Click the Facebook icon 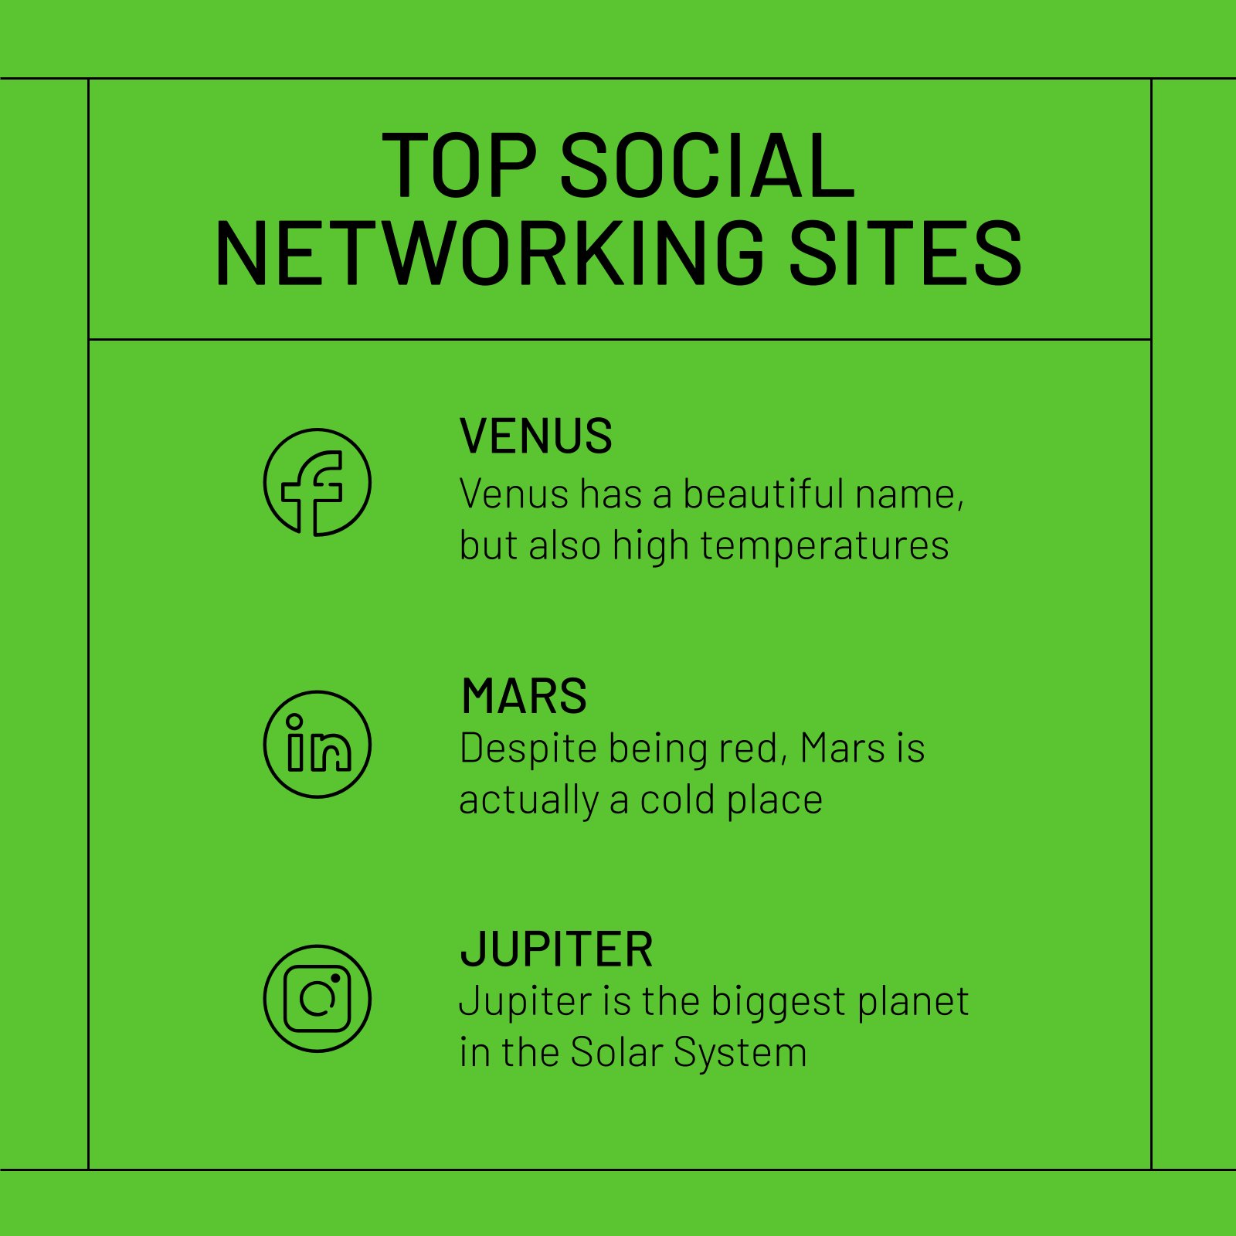coord(317,482)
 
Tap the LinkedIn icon coord(317,744)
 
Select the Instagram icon coord(317,998)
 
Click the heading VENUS coord(535,436)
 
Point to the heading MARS coord(524,696)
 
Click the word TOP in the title coord(459,165)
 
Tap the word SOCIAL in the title coord(707,165)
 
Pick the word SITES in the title coord(905,253)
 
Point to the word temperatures coord(824,546)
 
